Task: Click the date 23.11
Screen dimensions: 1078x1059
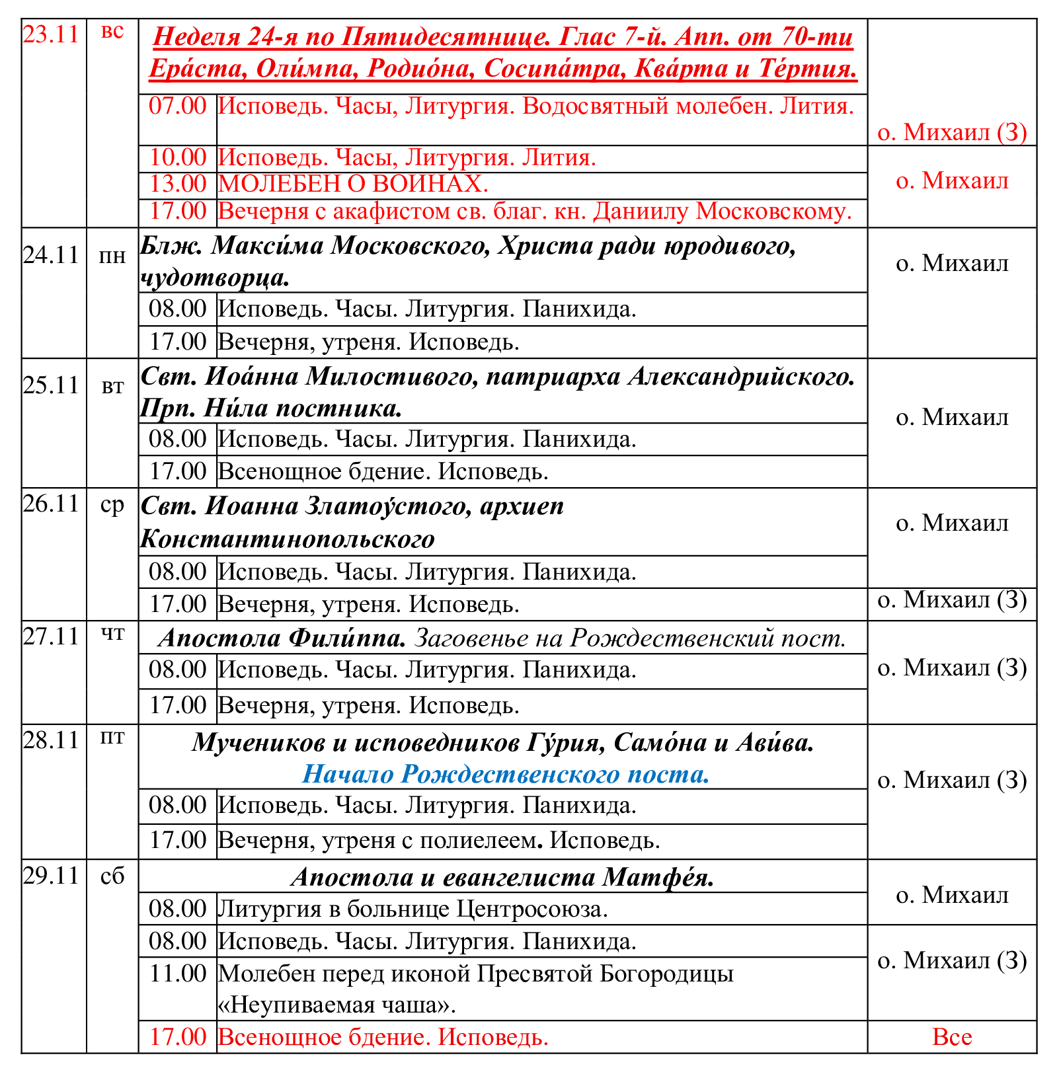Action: point(51,34)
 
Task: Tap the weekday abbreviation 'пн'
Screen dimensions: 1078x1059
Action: point(112,256)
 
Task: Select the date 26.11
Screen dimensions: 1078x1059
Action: point(51,504)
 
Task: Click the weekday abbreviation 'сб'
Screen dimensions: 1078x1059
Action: point(112,876)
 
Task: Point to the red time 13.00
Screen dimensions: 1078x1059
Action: point(178,184)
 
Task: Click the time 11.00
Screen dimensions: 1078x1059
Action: point(178,974)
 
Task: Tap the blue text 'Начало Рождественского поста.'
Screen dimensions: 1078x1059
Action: point(506,774)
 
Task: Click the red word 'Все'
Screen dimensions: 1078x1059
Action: point(951,1036)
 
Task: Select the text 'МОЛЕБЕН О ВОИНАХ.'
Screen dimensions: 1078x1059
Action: point(353,184)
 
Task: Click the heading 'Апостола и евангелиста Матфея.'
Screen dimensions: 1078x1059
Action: point(502,877)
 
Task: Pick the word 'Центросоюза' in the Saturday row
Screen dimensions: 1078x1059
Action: point(531,909)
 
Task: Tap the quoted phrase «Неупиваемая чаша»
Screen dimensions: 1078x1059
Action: point(337,1005)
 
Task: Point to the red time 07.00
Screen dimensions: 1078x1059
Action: point(178,106)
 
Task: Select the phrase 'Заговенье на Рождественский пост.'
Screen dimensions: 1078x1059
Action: point(631,638)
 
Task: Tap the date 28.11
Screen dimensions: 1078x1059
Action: point(51,740)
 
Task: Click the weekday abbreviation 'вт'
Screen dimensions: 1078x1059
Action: point(112,387)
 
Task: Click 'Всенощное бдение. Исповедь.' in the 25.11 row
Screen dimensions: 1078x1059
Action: point(383,472)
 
